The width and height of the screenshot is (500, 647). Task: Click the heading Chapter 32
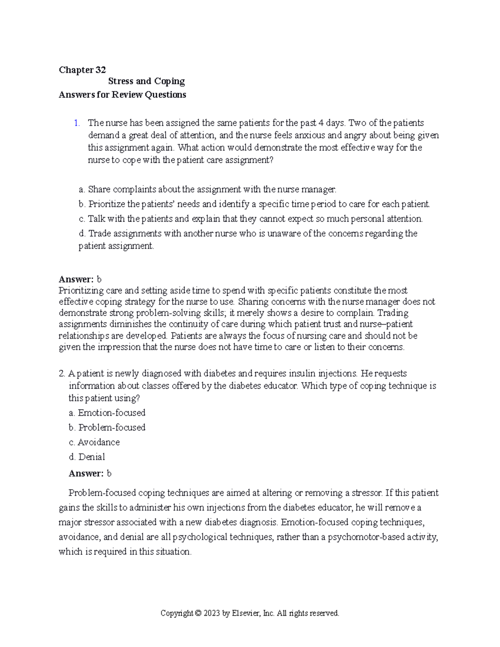pyautogui.click(x=82, y=70)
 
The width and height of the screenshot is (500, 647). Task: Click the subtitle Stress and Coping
pyautogui.click(x=146, y=81)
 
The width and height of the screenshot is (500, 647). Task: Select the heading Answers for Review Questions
pyautogui.click(x=122, y=95)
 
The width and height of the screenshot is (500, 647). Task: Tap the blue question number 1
pyautogui.click(x=76, y=123)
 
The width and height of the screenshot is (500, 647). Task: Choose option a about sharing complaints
pyautogui.click(x=207, y=190)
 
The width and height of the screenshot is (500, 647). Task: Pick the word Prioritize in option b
pyautogui.click(x=106, y=204)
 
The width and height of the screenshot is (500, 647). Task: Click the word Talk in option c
pyautogui.click(x=97, y=219)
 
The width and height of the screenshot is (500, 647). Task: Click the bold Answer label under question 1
pyautogui.click(x=76, y=279)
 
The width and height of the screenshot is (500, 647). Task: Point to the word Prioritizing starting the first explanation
pyautogui.click(x=80, y=290)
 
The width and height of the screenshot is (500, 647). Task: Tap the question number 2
pyautogui.click(x=62, y=373)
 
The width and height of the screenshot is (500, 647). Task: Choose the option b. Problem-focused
pyautogui.click(x=107, y=427)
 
